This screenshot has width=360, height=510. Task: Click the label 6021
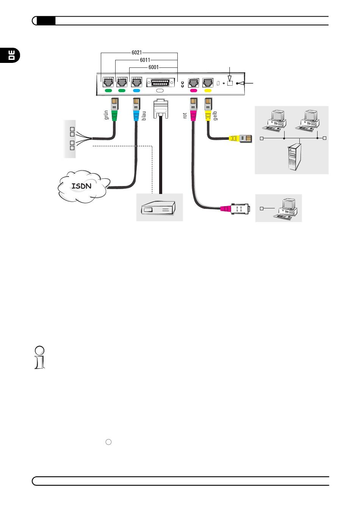tap(137, 53)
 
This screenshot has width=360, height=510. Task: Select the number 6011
tap(145, 60)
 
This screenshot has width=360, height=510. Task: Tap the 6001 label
tap(153, 67)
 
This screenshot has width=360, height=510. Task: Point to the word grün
tap(106, 115)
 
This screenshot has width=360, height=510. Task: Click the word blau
tap(144, 115)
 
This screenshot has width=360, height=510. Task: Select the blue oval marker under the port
tap(136, 91)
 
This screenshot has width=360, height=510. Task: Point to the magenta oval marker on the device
tap(194, 91)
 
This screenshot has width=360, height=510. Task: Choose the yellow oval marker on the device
tap(208, 91)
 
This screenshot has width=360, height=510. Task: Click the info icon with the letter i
tap(39, 357)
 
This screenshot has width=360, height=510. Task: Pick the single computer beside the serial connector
tap(286, 208)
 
